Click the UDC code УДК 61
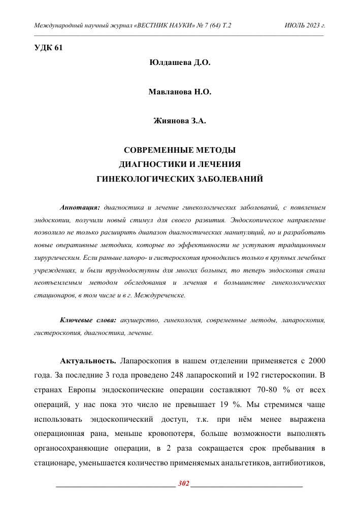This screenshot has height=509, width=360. pos(48,48)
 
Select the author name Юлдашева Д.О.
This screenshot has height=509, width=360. pos(180,63)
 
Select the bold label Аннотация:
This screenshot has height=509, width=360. pos(80,208)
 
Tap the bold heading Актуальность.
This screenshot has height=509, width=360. pos(88,361)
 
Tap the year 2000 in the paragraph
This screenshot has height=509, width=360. pos(315,361)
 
